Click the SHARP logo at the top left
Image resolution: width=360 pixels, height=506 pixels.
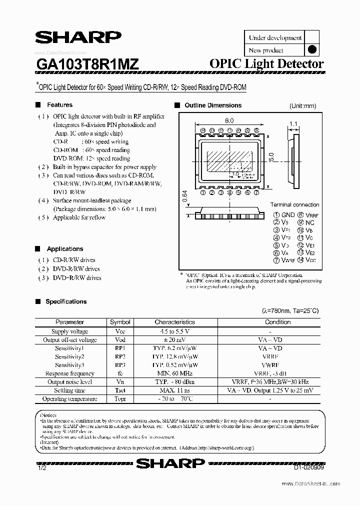pyautogui.click(x=77, y=38)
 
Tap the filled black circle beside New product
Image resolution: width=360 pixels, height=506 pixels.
pyautogui.click(x=311, y=49)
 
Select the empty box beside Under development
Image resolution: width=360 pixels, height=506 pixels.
pyautogui.click(x=311, y=37)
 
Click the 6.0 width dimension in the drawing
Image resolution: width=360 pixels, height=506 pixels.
pyautogui.click(x=229, y=120)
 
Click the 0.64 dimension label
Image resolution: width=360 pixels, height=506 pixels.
pyautogui.click(x=185, y=197)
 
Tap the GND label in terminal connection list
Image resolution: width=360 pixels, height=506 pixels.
pyautogui.click(x=288, y=215)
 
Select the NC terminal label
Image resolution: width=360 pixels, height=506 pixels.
pyautogui.click(x=310, y=222)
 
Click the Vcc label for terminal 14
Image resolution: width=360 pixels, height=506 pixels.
pyautogui.click(x=310, y=260)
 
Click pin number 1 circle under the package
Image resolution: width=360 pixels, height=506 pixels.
pyautogui.click(x=202, y=192)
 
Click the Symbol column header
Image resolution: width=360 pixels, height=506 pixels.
pyautogui.click(x=120, y=322)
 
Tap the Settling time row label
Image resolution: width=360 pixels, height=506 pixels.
pyautogui.click(x=69, y=390)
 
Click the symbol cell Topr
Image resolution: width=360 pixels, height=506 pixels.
pyautogui.click(x=120, y=399)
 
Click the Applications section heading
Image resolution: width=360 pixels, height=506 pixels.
pyautogui.click(x=64, y=248)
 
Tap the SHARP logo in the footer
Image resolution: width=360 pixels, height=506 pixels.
pyautogui.click(x=170, y=463)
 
